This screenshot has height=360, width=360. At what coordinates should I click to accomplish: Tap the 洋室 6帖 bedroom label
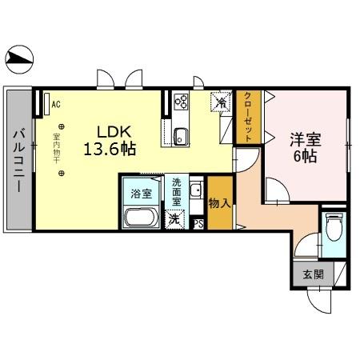(303, 146)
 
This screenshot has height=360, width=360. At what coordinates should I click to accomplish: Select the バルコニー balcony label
(18, 159)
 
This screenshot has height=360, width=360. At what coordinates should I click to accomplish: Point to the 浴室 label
(141, 193)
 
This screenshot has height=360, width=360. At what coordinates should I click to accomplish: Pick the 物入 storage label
(219, 203)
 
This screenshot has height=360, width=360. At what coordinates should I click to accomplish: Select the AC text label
(56, 104)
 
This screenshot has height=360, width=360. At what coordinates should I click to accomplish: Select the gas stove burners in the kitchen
(180, 102)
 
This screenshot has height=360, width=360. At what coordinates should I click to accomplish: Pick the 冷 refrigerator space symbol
(218, 102)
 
